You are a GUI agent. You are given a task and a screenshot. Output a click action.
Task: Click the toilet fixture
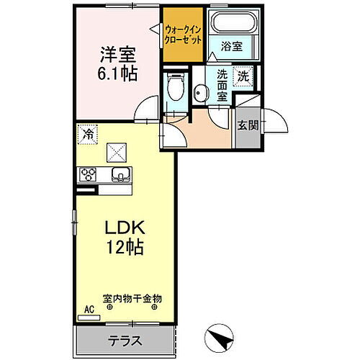(173, 88)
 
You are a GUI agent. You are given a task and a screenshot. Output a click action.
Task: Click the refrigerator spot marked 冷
(87, 132)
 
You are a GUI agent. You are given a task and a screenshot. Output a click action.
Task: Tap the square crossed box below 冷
(115, 153)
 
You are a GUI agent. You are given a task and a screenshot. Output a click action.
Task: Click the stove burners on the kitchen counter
(88, 174)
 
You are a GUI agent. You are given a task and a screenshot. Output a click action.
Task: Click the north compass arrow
(220, 334)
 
